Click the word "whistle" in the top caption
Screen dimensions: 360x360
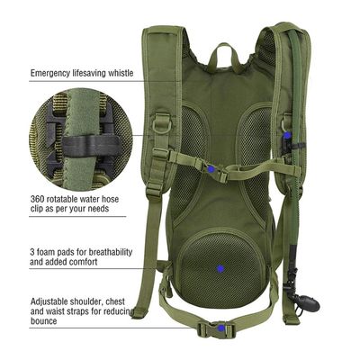[117, 73]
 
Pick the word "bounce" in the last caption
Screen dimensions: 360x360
[43, 321]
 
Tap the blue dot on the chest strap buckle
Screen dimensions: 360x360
[211, 169]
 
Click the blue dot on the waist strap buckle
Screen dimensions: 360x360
[221, 328]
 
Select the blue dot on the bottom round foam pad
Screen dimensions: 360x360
[220, 268]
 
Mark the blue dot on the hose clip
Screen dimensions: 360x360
[287, 135]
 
